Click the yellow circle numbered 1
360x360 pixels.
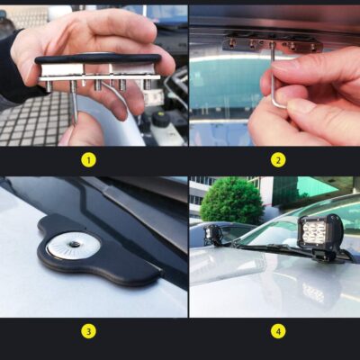coord(88,160)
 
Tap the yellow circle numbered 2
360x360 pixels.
coord(278,160)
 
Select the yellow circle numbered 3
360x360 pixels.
coord(88,330)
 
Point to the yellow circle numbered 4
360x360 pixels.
coord(278,330)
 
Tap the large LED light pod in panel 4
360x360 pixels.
coord(321,236)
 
